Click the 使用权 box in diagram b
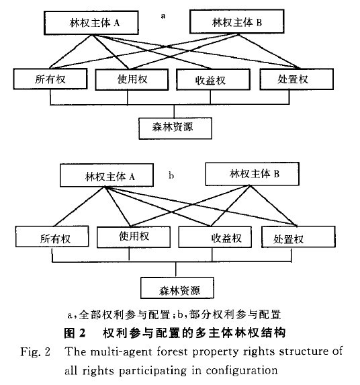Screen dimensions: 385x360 point(135,237)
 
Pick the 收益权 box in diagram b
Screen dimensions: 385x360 point(212,237)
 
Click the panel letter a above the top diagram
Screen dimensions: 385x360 point(163,11)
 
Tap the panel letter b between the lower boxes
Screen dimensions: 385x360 point(172,176)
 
